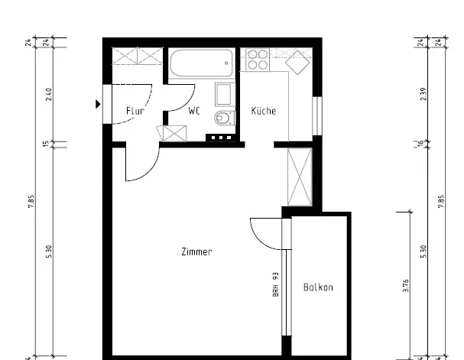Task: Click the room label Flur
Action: coord(135,112)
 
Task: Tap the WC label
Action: coord(195,112)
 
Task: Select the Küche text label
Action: coord(264,112)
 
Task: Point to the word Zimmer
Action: coord(196,251)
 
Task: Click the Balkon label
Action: coord(318,288)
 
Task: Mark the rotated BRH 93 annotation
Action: coord(276,284)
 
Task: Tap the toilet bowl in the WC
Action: coord(222,118)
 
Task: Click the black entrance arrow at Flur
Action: coord(98,105)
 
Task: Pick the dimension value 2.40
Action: coord(49,95)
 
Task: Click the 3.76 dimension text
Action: coord(406,286)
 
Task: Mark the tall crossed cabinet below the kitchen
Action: coord(300,177)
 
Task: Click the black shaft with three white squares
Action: coord(220,138)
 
